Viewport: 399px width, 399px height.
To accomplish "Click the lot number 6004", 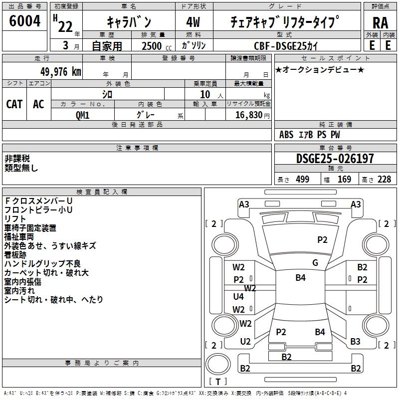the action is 25,21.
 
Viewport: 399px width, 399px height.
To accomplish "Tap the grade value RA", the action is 380,22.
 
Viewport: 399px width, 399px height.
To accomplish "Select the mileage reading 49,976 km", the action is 55,71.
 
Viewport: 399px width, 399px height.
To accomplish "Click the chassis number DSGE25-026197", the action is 335,159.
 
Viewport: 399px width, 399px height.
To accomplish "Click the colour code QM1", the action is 83,114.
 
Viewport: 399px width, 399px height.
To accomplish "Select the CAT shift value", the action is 14,104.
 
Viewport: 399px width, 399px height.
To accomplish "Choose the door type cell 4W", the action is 194,22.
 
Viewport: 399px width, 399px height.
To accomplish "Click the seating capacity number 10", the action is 205,94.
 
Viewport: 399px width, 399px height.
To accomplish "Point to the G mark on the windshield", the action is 315,262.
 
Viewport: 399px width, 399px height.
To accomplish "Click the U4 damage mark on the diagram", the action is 239,297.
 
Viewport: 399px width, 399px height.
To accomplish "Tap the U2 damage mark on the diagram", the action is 245,342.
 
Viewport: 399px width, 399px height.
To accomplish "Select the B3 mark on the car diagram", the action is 355,342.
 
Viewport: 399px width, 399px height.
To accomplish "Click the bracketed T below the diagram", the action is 217,382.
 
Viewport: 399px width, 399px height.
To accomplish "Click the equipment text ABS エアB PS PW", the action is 310,134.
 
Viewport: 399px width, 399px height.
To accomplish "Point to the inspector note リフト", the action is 15,219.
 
